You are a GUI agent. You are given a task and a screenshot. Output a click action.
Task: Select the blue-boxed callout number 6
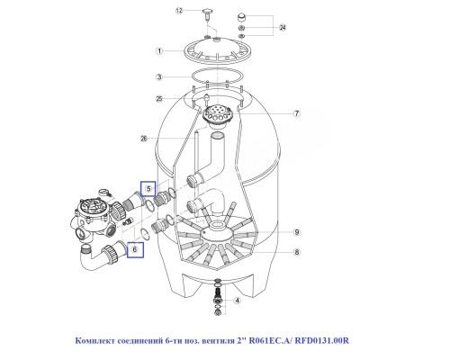point(136,249)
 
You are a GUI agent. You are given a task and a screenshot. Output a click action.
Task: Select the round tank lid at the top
point(217,52)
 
